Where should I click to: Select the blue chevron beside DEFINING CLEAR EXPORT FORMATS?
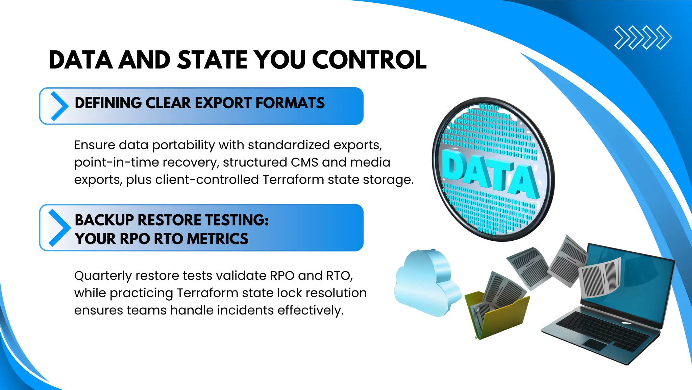[x=59, y=106]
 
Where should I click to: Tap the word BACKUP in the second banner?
[x=104, y=220]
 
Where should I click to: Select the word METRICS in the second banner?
[x=218, y=239]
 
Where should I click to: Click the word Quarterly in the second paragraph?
[x=103, y=276]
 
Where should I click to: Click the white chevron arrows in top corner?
[x=643, y=37]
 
